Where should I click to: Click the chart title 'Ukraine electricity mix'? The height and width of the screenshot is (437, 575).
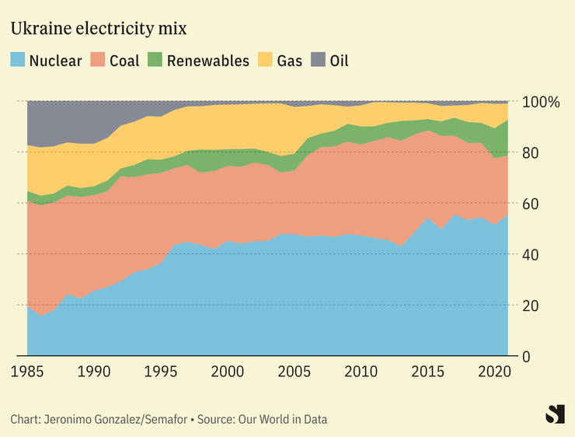98,29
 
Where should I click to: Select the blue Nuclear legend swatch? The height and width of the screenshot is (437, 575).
18,60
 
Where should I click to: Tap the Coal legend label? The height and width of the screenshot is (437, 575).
124,60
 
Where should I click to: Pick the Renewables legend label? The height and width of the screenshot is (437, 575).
207,60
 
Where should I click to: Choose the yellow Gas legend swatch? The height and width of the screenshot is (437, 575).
266,60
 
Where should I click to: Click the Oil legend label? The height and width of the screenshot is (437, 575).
339,60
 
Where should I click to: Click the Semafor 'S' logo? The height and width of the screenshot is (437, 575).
555,414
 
